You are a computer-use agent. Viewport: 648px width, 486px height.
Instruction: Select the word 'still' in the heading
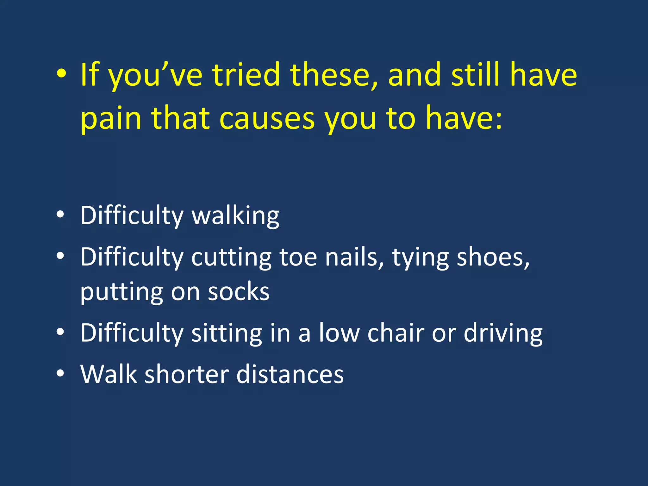(x=476, y=75)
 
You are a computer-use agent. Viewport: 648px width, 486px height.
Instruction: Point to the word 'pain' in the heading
(x=111, y=119)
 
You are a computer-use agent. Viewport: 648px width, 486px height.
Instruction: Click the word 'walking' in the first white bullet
(x=235, y=216)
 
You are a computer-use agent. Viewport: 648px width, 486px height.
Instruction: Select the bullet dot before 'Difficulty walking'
(x=60, y=215)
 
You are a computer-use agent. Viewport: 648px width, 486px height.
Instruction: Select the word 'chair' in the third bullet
(x=396, y=333)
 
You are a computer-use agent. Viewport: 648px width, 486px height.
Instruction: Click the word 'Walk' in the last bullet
(x=109, y=374)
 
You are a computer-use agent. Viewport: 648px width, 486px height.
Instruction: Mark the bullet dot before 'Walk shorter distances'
(x=60, y=374)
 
